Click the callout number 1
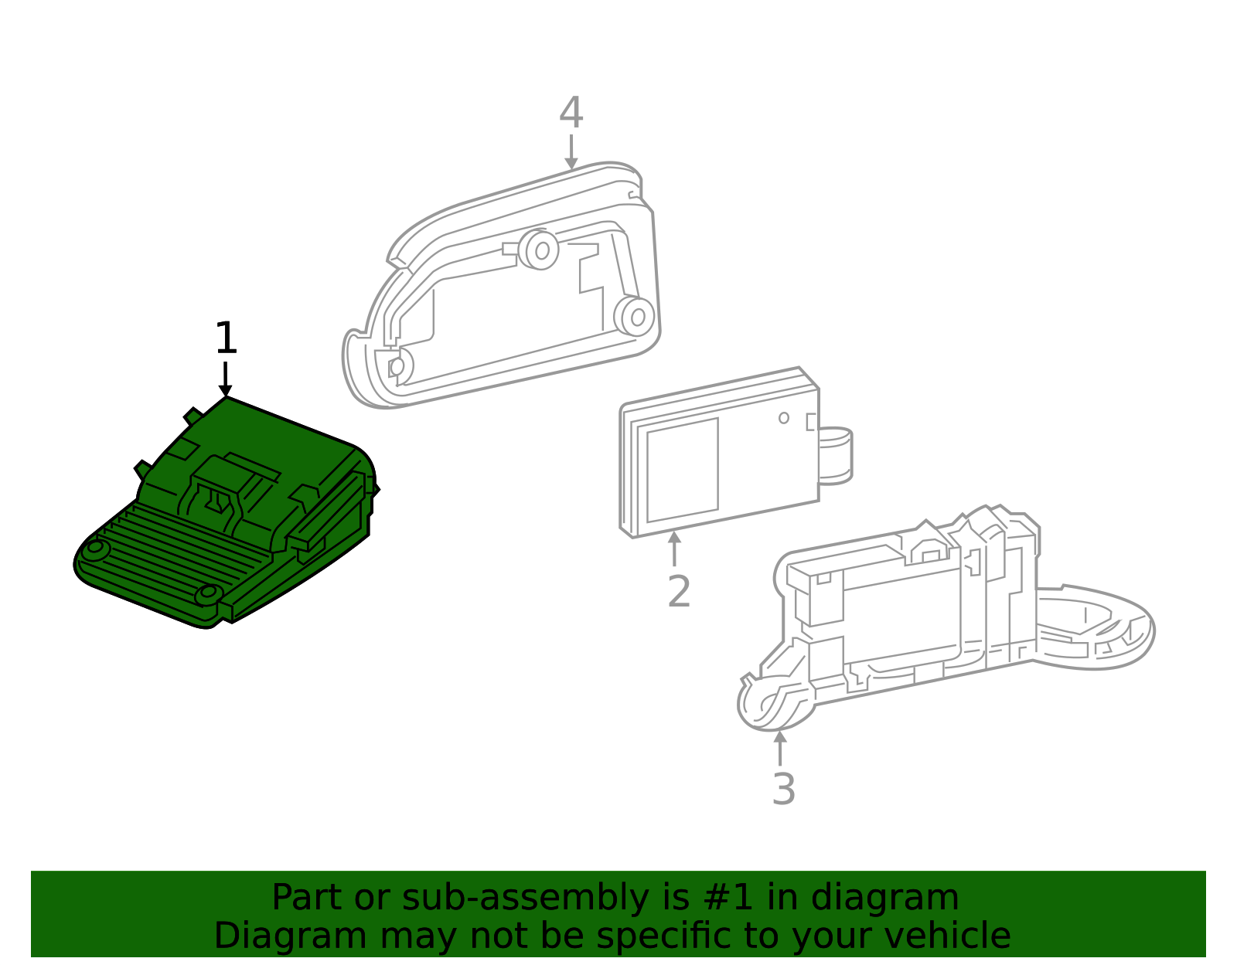(x=225, y=339)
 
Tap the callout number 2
(x=678, y=592)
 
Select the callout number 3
(x=783, y=790)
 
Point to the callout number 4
(x=571, y=114)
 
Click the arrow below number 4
(x=571, y=152)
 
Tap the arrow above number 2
(x=675, y=549)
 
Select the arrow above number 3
(x=781, y=747)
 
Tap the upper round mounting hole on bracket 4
(x=542, y=250)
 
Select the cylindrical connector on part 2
(x=837, y=456)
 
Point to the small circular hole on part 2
(x=784, y=418)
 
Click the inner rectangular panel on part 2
(x=683, y=470)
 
